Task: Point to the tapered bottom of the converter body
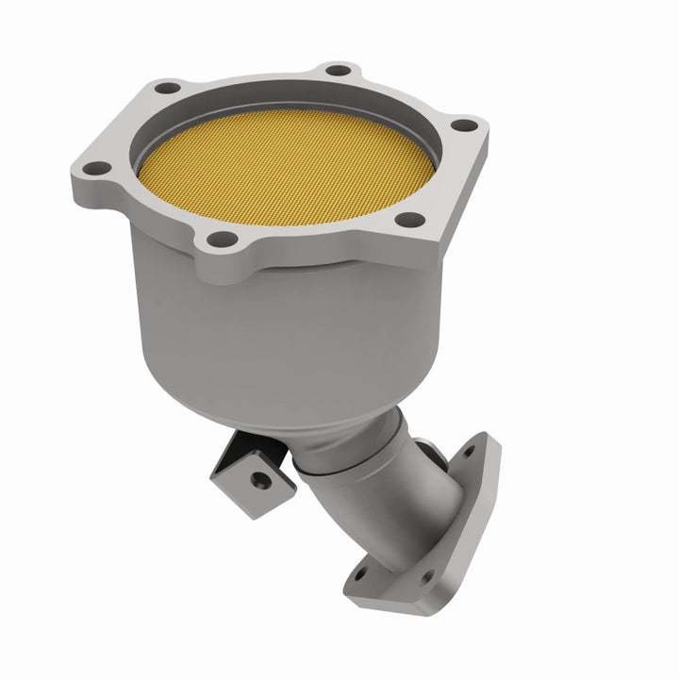pyautogui.click(x=311, y=415)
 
